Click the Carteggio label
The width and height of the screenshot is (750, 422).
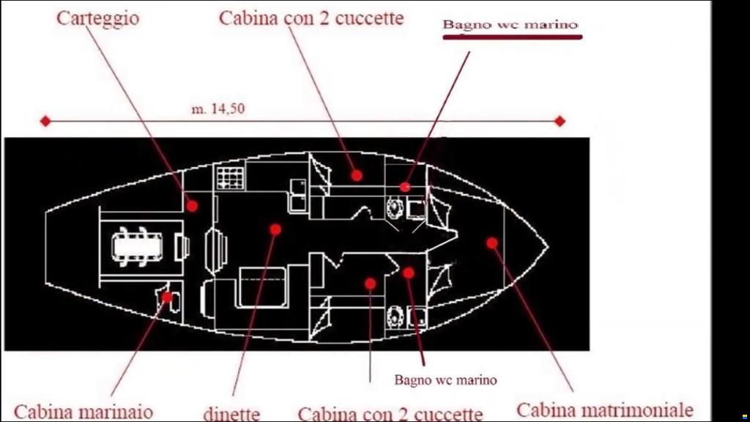tap(98, 18)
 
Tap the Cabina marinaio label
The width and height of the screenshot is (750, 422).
tap(83, 412)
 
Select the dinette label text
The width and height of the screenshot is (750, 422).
tap(232, 413)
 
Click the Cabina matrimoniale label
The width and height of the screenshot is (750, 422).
tap(604, 410)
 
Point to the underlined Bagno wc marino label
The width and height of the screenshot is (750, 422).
tap(510, 24)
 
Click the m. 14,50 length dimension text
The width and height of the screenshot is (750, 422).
tap(218, 108)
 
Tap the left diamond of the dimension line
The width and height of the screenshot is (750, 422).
tap(45, 121)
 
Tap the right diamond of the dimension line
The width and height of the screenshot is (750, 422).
tap(560, 121)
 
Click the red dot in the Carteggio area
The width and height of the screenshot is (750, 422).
tap(193, 206)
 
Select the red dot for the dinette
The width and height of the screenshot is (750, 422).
tap(275, 229)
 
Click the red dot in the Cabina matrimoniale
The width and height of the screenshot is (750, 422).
tap(491, 243)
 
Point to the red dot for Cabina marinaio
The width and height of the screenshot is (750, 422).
tap(166, 297)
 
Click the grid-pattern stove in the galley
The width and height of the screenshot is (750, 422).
tap(231, 178)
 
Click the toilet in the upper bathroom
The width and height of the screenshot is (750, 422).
tap(395, 208)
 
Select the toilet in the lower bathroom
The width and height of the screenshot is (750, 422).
tap(395, 316)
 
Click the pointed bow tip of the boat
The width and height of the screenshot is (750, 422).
tap(548, 247)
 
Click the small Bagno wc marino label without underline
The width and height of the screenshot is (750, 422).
tap(445, 380)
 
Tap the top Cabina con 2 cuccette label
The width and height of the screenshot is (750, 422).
tap(311, 18)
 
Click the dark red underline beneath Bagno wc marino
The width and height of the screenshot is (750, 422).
tap(512, 37)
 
